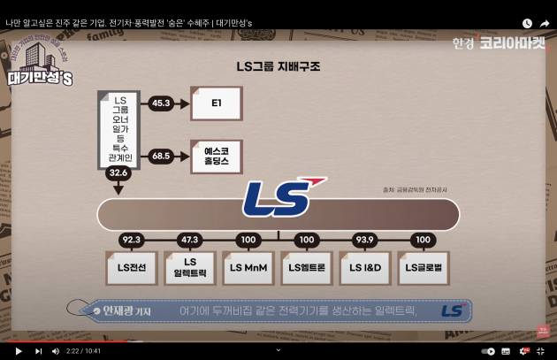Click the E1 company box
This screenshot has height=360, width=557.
(216, 103)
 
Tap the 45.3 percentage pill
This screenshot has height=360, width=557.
(161, 103)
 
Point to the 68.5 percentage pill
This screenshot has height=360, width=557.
(161, 156)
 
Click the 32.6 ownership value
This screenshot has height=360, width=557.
(118, 173)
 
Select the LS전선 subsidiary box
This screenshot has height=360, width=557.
(131, 267)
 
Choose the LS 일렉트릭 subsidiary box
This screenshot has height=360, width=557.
(190, 267)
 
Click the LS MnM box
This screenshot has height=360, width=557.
(248, 267)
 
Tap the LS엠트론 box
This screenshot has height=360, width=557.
(307, 267)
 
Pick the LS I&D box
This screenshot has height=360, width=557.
(365, 267)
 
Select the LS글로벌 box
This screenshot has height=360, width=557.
(424, 267)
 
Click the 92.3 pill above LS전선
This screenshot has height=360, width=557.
(131, 240)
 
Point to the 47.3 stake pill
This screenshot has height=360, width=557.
(190, 240)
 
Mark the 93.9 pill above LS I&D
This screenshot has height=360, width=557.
(365, 240)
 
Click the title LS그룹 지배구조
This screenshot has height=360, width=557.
(278, 65)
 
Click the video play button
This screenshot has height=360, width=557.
(19, 351)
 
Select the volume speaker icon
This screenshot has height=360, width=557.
(56, 351)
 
